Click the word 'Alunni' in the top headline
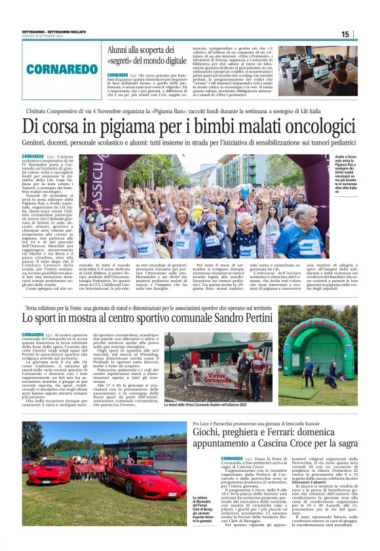click(123, 50)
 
